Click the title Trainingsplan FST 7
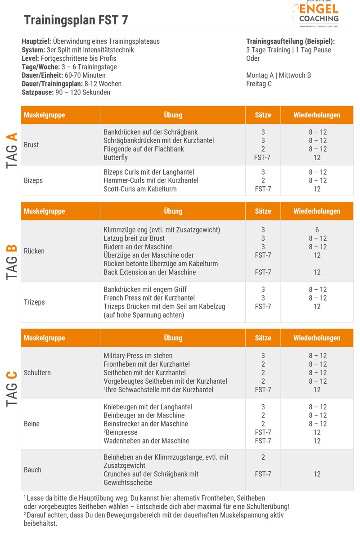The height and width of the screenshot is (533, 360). coord(76,20)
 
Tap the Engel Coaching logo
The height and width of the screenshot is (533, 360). coord(315,14)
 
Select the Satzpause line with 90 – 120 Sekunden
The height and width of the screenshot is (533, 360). coord(66,92)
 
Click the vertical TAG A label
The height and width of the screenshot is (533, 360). coord(13,150)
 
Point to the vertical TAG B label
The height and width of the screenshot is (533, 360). coord(13,262)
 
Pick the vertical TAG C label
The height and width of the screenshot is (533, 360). coord(13,389)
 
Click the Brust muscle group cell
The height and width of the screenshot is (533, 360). coord(31,145)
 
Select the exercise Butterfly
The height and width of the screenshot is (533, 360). coord(116,157)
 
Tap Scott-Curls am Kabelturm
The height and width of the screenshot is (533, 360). coord(140,189)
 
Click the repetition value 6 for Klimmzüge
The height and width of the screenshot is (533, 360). coord(317,230)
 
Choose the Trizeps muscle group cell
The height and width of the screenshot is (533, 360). coord(34,302)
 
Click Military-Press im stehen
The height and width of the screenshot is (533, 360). coord(138,356)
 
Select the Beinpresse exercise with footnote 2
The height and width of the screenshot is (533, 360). coord(121,432)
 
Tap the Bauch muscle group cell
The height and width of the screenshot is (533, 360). coord(32,470)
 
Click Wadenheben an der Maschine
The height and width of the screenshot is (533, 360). coord(146,441)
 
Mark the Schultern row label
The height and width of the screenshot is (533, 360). coord(37,372)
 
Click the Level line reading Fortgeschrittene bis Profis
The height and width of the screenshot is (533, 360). coord(69,58)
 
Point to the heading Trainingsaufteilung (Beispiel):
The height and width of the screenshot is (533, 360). coord(291,41)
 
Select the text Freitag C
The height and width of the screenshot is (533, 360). coord(259,84)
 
